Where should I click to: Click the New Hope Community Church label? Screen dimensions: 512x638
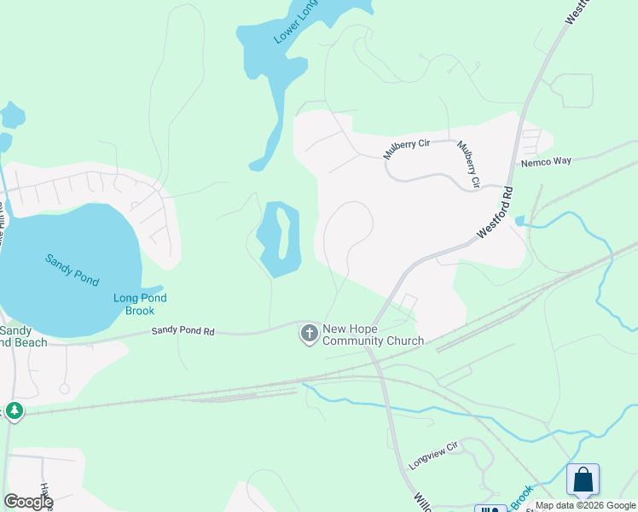point(373,335)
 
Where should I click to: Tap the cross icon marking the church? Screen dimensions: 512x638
point(309,334)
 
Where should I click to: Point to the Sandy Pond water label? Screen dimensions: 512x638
point(72,270)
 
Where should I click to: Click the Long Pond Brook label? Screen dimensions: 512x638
point(140,304)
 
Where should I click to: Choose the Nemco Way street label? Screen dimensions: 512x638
point(545,161)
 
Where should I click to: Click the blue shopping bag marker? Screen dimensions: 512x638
point(583,480)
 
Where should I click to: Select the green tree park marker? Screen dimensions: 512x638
point(14,412)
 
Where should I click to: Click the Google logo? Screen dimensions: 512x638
point(27,502)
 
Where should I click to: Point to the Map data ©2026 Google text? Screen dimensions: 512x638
point(585,505)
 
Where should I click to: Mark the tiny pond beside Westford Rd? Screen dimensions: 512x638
point(519,221)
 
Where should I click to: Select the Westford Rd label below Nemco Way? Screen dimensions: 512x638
point(496,212)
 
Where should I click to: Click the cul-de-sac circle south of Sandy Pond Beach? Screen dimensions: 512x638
point(63,388)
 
